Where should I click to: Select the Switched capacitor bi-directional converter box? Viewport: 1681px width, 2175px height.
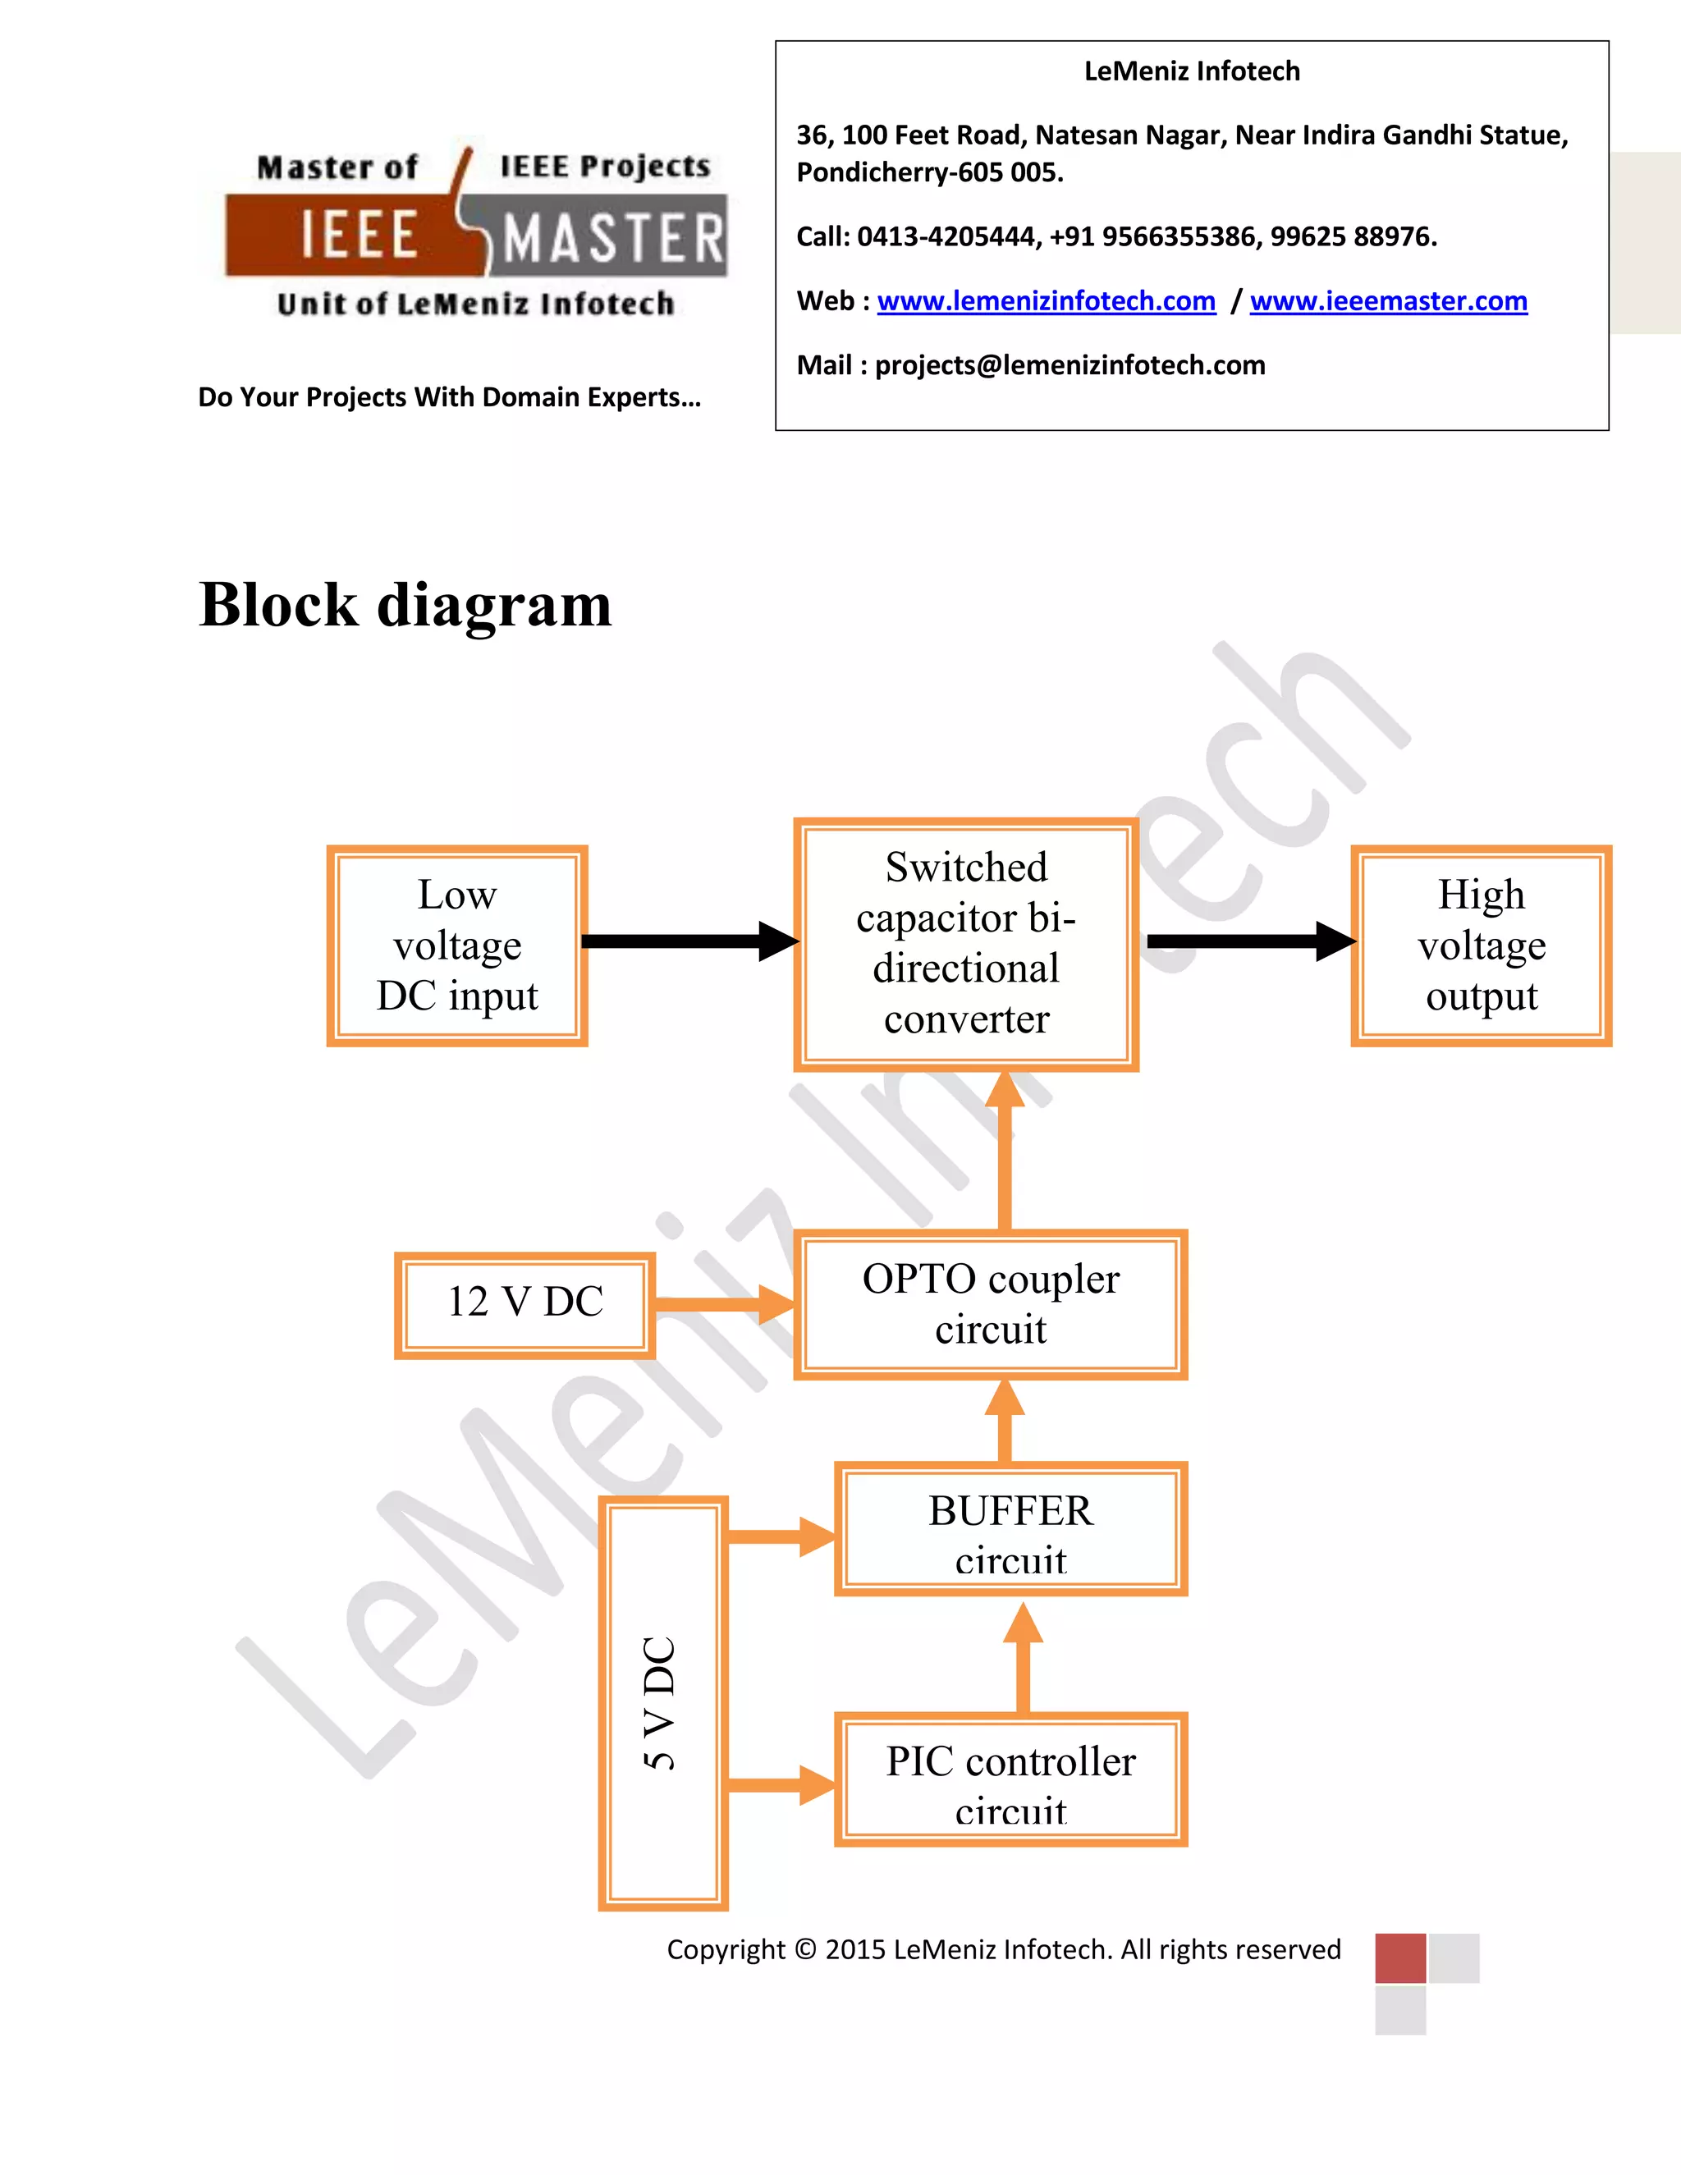pyautogui.click(x=966, y=944)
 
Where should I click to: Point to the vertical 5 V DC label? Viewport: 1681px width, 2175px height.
pyautogui.click(x=660, y=1703)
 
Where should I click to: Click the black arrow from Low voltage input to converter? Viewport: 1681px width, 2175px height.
pyautogui.click(x=687, y=941)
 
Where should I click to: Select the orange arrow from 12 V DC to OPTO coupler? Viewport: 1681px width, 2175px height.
pyautogui.click(x=723, y=1303)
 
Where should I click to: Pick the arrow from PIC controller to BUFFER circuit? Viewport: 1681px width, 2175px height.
pyautogui.click(x=1023, y=1658)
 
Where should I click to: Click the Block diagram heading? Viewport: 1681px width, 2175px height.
pyautogui.click(x=405, y=605)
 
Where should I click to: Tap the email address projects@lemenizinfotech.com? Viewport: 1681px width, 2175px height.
pyautogui.click(x=1070, y=365)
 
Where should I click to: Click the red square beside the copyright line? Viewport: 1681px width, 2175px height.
pyautogui.click(x=1400, y=1957)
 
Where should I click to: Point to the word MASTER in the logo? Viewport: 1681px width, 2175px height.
pyautogui.click(x=612, y=239)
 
